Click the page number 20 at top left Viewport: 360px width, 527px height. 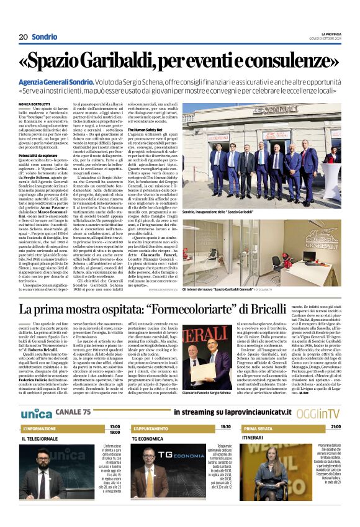click(24, 37)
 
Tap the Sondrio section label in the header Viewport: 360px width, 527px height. click(45, 37)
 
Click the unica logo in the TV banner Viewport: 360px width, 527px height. click(36, 413)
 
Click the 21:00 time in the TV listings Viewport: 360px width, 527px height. click(335, 427)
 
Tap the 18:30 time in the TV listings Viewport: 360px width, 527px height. click(225, 427)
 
